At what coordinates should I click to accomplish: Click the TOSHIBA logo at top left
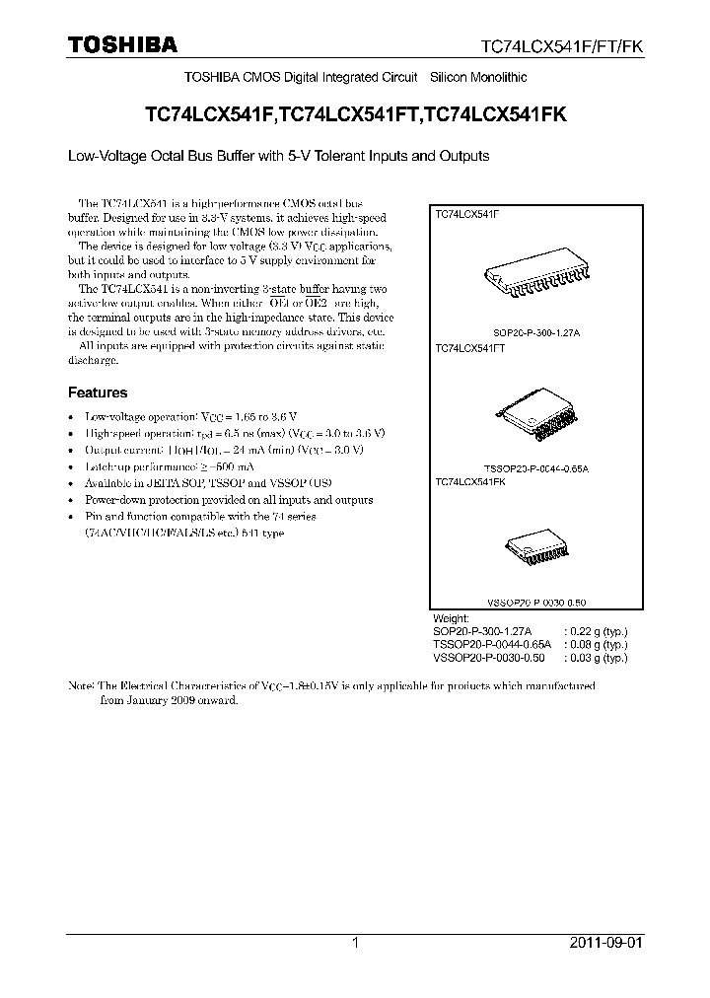[122, 44]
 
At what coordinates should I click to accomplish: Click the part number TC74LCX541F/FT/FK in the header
[563, 46]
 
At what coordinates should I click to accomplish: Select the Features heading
[97, 392]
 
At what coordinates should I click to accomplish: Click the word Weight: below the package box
[452, 617]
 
